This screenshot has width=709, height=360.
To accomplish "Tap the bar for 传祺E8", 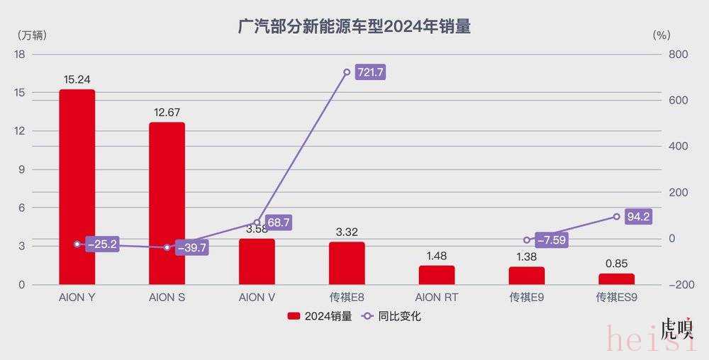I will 347,263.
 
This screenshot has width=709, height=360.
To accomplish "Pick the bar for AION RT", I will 437,275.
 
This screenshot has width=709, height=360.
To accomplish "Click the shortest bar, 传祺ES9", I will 617,279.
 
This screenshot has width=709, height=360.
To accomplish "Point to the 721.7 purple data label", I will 369,72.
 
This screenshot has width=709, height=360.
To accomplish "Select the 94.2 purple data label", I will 638,217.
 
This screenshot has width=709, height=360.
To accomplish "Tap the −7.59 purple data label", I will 552,240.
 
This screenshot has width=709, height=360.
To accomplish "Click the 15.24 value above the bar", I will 77,79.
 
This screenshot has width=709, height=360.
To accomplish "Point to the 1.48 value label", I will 437,255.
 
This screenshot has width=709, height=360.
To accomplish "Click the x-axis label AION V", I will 257,298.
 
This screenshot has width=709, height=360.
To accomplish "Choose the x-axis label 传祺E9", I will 527,298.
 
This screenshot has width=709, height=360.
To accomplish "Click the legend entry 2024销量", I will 320,317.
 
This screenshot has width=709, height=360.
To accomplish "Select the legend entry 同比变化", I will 392,317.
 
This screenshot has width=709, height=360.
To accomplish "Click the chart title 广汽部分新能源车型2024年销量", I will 354,27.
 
